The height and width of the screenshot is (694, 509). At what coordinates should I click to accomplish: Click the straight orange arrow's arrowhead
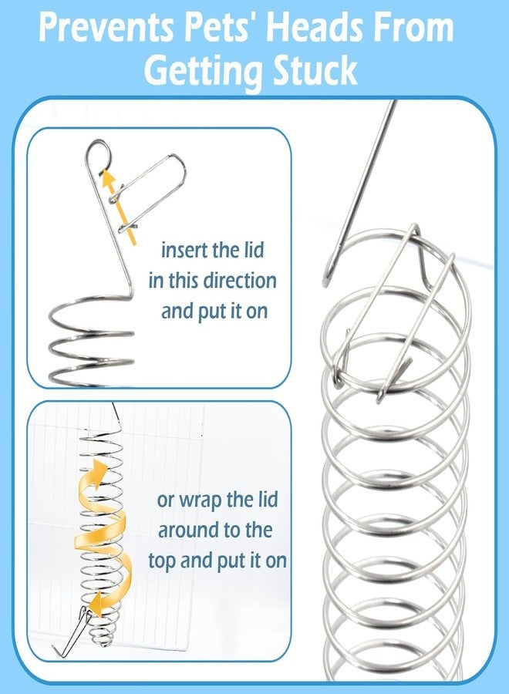pyautogui.click(x=107, y=178)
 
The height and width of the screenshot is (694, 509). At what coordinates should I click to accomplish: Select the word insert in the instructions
pyautogui.click(x=184, y=251)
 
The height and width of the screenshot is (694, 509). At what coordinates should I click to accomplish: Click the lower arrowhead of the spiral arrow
pyautogui.click(x=94, y=605)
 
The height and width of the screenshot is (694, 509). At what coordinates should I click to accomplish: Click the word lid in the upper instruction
pyautogui.click(x=254, y=250)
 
